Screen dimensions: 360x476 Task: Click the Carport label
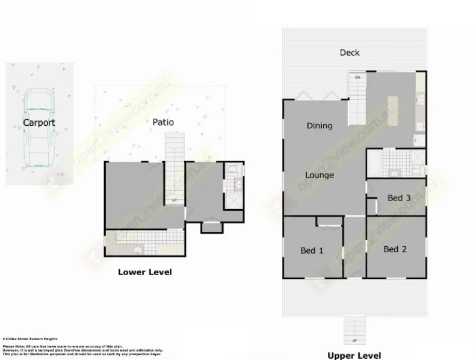(x=39, y=123)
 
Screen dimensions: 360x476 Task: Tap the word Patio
(x=163, y=122)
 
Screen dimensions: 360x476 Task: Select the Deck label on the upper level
(x=350, y=52)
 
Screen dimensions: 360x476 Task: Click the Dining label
(x=320, y=126)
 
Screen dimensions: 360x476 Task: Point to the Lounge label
(x=320, y=175)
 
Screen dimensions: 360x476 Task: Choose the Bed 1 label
(x=312, y=250)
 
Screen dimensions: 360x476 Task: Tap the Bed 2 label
(x=395, y=249)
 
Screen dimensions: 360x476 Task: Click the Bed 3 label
(x=399, y=198)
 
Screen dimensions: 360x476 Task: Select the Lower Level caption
(x=145, y=272)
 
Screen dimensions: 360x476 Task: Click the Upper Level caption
(x=354, y=355)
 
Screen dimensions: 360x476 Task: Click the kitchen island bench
(x=394, y=111)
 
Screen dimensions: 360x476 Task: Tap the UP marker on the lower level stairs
(x=175, y=200)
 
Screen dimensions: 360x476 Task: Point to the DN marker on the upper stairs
(x=357, y=78)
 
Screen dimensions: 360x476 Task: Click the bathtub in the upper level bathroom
(x=374, y=164)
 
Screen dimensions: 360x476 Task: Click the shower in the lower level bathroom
(x=233, y=200)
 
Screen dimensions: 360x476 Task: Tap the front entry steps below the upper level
(x=354, y=330)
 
